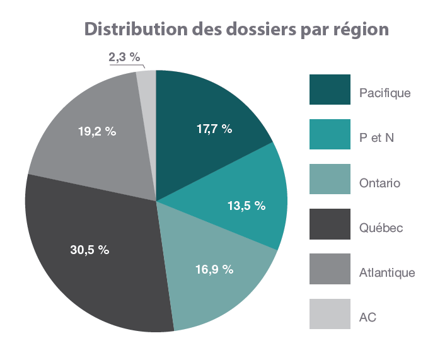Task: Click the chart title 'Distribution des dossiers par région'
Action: point(236,29)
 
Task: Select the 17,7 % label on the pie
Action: point(214,129)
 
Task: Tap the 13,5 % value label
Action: point(246,206)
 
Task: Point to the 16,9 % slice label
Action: point(215,269)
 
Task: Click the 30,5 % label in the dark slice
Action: point(90,250)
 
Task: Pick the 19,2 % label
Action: point(97,132)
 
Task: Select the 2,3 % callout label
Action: point(124,57)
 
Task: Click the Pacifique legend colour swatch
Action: point(330,90)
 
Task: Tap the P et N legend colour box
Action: point(330,134)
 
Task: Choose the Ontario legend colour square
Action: point(330,179)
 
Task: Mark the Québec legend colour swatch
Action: point(330,224)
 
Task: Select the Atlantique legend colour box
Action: point(330,269)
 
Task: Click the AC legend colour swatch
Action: point(330,313)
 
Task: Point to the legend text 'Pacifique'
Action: point(385,93)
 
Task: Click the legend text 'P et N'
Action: point(376,138)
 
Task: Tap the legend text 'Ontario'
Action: point(379,183)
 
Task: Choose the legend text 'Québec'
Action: point(381,228)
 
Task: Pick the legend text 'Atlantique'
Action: point(387,272)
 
